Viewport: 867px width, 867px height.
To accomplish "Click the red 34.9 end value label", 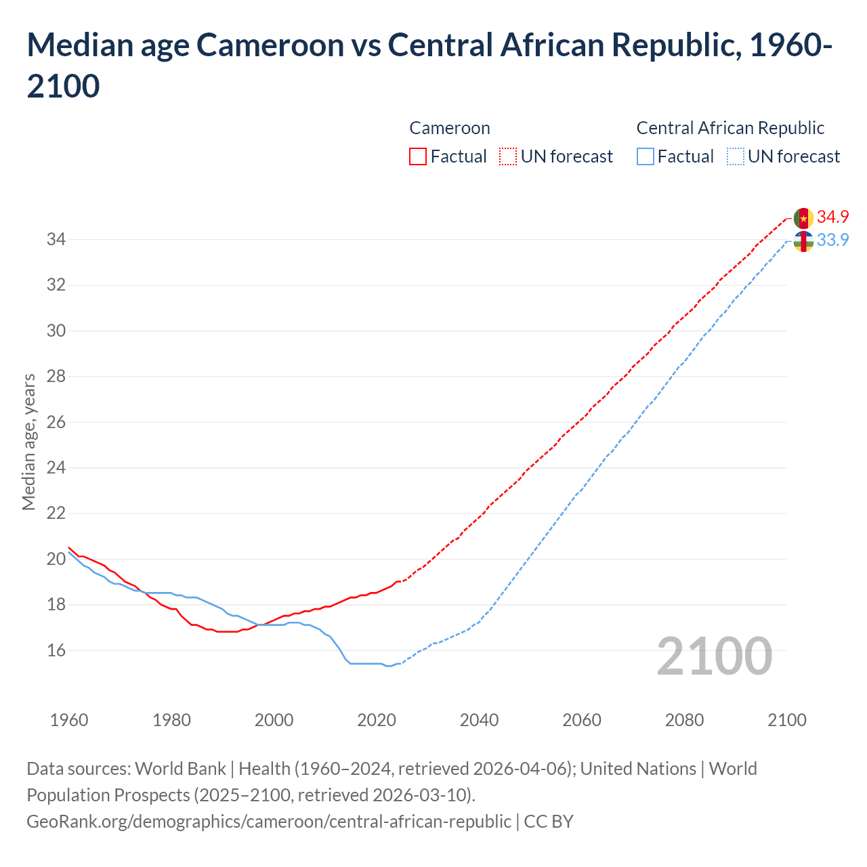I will pyautogui.click(x=832, y=217).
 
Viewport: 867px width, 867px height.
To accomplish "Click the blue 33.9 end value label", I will pyautogui.click(x=832, y=240).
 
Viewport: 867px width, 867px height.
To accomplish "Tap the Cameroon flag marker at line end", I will pyautogui.click(x=803, y=218).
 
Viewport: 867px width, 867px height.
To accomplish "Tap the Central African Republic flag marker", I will pyautogui.click(x=803, y=241).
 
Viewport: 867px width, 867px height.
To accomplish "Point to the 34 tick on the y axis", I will pyautogui.click(x=56, y=239).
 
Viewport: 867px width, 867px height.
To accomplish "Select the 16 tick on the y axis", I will pyautogui.click(x=56, y=650).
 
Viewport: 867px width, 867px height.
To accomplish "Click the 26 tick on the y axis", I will pyautogui.click(x=56, y=422).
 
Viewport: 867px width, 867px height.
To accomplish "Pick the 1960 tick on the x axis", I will pyautogui.click(x=69, y=719).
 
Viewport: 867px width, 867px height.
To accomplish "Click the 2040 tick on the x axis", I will pyautogui.click(x=479, y=719).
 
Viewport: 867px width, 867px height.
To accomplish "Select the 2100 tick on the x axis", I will pyautogui.click(x=786, y=719).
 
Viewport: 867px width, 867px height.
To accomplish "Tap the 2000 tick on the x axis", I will pyautogui.click(x=274, y=719).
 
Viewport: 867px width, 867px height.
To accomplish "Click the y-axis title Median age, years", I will pyautogui.click(x=28, y=441).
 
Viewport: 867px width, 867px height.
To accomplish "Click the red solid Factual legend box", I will pyautogui.click(x=418, y=156).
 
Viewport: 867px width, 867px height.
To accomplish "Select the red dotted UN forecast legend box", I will pyautogui.click(x=508, y=156).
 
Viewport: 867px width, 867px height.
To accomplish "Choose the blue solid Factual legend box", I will pyautogui.click(x=646, y=156).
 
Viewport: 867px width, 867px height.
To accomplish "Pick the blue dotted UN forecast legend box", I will pyautogui.click(x=735, y=156).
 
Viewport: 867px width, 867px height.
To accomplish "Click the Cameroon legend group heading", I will pyautogui.click(x=449, y=128).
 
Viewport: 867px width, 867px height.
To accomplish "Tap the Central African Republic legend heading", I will pyautogui.click(x=730, y=128).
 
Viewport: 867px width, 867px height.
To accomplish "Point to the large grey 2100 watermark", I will pyautogui.click(x=714, y=656).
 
